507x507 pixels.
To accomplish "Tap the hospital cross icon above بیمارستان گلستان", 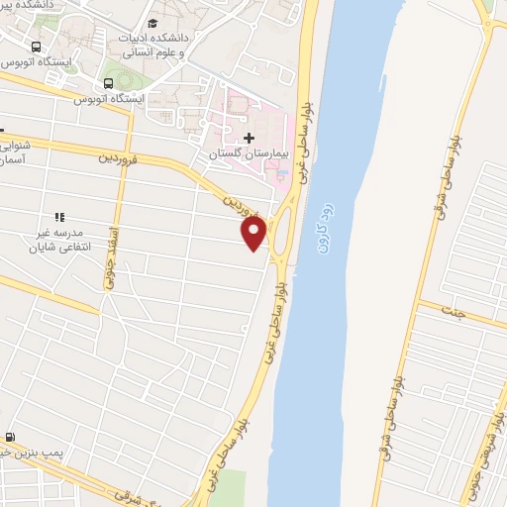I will tap(249, 138).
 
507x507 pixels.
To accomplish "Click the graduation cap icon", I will tap(152, 24).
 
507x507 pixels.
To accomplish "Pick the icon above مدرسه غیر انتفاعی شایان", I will tap(59, 217).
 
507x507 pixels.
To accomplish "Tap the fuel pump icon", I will tap(10, 437).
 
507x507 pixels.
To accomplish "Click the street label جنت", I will tap(454, 313).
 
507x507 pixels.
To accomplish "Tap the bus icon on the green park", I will tap(107, 82).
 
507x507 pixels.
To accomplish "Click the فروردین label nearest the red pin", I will tap(243, 205).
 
